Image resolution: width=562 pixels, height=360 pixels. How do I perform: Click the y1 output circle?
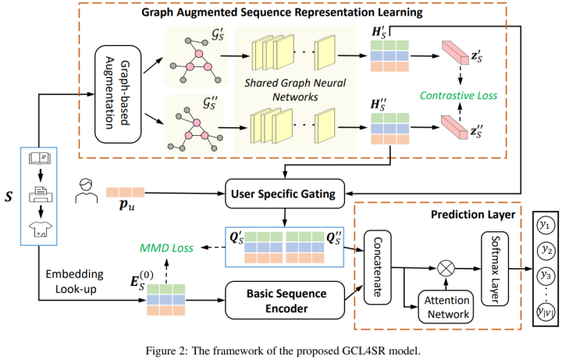(x=545, y=226)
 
